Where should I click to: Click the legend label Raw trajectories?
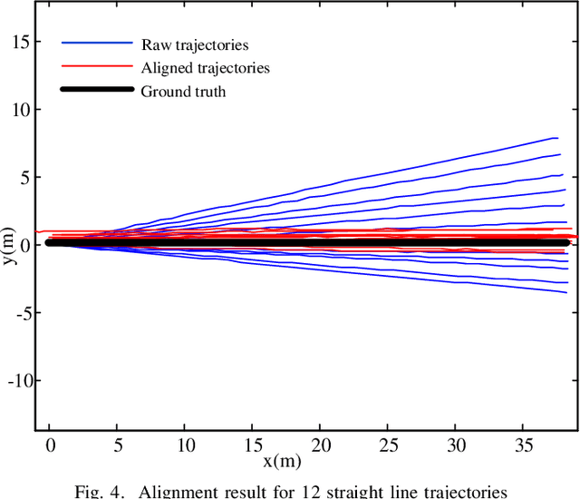point(194,44)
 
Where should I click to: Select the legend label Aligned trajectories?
point(205,67)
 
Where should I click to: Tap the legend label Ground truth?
point(183,91)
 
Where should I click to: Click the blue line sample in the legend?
point(97,44)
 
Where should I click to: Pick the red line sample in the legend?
point(97,67)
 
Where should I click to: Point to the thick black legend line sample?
point(97,91)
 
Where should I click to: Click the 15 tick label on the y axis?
point(19,41)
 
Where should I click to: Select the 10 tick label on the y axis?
point(19,109)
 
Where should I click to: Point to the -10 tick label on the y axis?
point(17,380)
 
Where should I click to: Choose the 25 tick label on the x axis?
point(388,445)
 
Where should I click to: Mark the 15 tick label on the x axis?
point(253,445)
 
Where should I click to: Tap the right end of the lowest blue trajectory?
point(565,292)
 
